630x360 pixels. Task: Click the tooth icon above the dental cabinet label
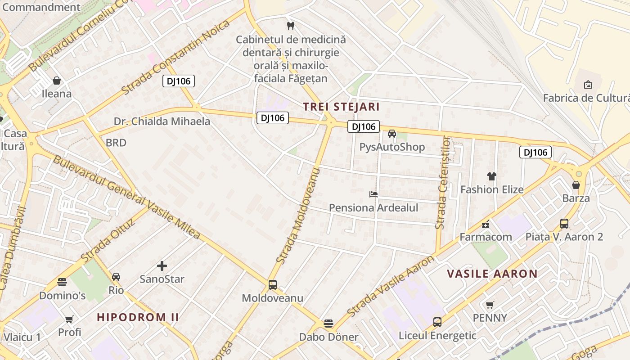(290, 26)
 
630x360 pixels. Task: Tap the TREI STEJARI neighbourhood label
(341, 107)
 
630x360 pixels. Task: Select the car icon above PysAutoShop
(392, 134)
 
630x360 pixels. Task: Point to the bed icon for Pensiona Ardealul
(373, 194)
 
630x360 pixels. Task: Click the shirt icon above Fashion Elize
(492, 176)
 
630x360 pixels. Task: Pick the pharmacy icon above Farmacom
(486, 224)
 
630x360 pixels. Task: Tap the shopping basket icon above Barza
(576, 184)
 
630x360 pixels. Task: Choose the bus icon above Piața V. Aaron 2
(564, 223)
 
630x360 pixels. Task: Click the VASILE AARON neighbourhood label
(492, 274)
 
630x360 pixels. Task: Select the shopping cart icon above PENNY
(490, 305)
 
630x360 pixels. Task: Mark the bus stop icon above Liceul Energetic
(437, 322)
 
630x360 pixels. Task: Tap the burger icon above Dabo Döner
(328, 324)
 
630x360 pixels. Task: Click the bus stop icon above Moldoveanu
(273, 284)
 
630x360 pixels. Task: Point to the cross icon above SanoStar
(162, 266)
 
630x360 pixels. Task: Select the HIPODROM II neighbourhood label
(138, 317)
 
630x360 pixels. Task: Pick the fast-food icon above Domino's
(62, 282)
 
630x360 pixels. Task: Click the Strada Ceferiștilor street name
(443, 182)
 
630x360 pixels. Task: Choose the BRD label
(116, 143)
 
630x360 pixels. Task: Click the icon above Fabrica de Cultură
(588, 84)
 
